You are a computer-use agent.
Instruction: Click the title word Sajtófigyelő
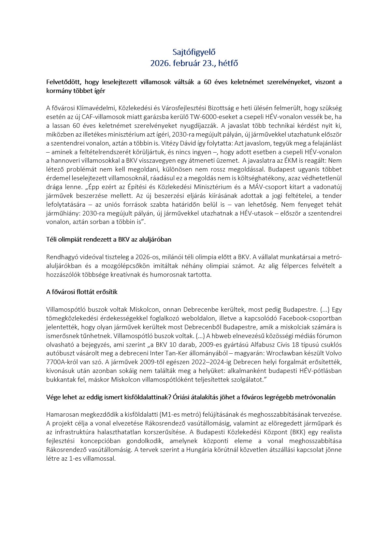click(194, 52)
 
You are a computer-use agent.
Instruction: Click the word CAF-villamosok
click(101, 117)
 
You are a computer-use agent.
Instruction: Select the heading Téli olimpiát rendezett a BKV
click(108, 240)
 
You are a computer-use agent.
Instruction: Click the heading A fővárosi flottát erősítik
click(82, 292)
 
